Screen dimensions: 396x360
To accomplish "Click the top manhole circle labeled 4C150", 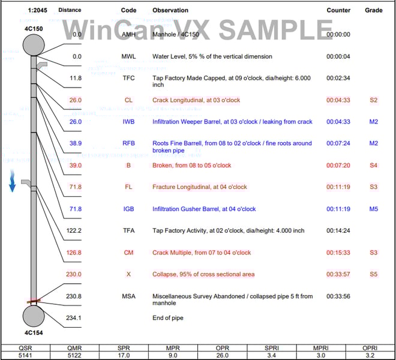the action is (x=34, y=45).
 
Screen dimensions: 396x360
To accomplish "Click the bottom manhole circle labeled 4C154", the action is (x=34, y=316).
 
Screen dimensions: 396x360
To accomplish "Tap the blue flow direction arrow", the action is (x=12, y=181).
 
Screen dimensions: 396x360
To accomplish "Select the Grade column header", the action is (x=374, y=10).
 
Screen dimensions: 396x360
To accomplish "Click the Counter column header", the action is (x=338, y=10).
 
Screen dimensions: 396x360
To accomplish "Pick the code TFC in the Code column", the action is (x=128, y=78).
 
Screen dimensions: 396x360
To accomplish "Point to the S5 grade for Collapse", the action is (x=374, y=274).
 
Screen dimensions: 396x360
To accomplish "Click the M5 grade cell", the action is (x=374, y=209).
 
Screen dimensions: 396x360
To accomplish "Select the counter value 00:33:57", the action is (x=338, y=274).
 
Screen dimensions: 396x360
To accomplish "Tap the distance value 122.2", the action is (x=74, y=230).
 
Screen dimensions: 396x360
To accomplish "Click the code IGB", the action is (x=128, y=209).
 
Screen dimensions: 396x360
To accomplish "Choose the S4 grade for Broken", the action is (x=374, y=166).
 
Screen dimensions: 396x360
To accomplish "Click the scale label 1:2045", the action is (x=37, y=10).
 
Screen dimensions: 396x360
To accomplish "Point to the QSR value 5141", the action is (x=25, y=355).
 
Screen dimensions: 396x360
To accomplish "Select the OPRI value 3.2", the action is (x=370, y=355).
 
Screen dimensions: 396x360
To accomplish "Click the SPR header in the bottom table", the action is (x=124, y=348).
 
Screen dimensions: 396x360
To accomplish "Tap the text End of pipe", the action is (x=168, y=318).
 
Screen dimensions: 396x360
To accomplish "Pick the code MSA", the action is (x=128, y=296).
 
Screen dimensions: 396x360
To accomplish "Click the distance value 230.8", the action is (x=74, y=296).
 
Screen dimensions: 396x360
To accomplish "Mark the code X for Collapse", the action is (x=128, y=274).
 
